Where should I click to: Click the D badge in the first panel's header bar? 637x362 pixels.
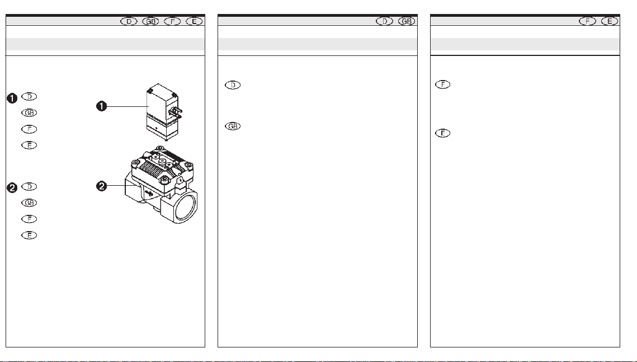(129, 21)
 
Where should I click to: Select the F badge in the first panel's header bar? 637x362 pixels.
(172, 21)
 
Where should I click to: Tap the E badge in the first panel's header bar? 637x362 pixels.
(194, 21)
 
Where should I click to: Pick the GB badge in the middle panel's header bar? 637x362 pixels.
(407, 21)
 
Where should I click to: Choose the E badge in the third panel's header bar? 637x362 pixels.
(610, 21)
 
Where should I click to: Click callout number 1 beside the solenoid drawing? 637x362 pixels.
(102, 106)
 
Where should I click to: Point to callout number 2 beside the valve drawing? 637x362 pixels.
(102, 186)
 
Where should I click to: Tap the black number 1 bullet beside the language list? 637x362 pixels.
(13, 98)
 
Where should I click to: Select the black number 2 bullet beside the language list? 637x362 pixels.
(13, 187)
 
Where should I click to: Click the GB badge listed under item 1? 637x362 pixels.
(29, 112)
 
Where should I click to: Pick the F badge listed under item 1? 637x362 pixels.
(29, 129)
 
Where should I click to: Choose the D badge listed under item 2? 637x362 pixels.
(29, 186)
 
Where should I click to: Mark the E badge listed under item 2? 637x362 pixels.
(29, 235)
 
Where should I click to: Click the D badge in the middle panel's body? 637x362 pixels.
(233, 85)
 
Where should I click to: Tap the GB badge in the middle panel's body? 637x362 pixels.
(233, 126)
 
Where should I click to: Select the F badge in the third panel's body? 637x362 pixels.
(442, 84)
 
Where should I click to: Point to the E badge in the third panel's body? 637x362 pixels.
(442, 133)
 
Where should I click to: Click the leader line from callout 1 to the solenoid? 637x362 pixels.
(127, 106)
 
